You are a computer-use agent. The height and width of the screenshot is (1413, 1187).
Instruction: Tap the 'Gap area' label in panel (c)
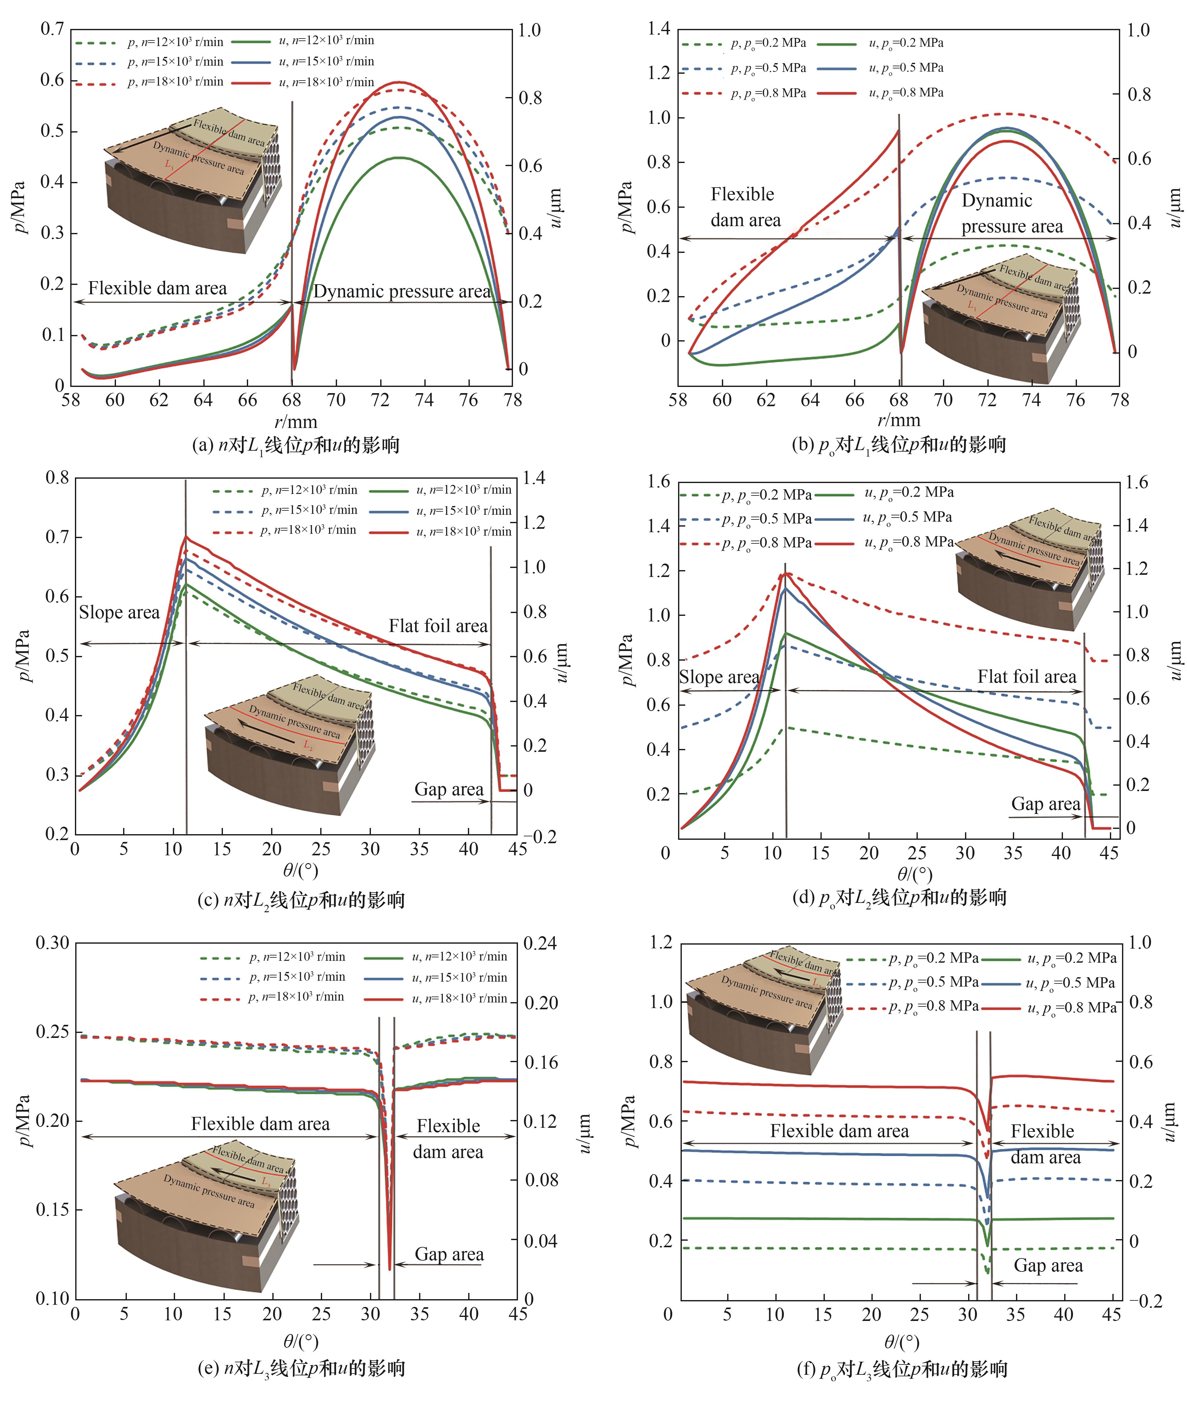pyautogui.click(x=449, y=789)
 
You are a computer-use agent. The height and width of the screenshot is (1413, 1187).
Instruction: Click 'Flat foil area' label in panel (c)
pyautogui.click(x=438, y=626)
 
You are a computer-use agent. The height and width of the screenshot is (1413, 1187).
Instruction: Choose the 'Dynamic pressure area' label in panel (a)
pyautogui.click(x=402, y=291)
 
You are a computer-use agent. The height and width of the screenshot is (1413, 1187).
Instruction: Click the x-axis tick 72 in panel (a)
pyautogui.click(x=380, y=400)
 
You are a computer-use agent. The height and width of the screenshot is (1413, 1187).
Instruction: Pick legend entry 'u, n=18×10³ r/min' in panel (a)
pyautogui.click(x=326, y=82)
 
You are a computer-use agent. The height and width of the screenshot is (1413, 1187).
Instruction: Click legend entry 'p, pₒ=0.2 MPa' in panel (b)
pyautogui.click(x=767, y=43)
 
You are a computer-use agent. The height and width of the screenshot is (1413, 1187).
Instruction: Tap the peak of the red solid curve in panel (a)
pyautogui.click(x=402, y=82)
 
